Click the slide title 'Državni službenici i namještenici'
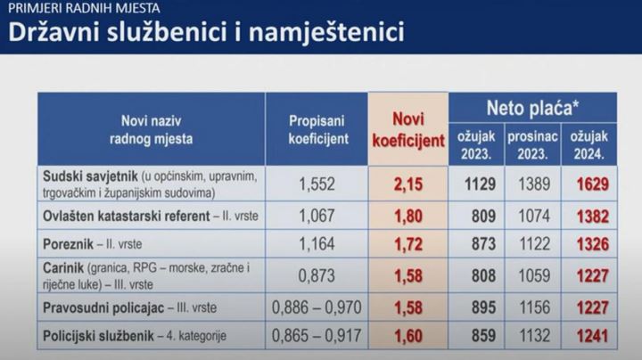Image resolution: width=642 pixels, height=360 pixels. point(206,32)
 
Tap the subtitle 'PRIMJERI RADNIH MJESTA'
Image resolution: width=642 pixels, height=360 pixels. point(84,8)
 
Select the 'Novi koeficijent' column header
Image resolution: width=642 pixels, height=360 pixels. point(408,130)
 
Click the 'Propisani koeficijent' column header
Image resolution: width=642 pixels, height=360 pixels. point(318,130)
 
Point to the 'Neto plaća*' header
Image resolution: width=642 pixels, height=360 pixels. point(532,108)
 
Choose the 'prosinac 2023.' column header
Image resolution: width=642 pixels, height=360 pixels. point(532,145)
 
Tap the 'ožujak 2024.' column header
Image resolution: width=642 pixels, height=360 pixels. point(588,145)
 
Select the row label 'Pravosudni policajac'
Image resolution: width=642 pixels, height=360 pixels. point(103,307)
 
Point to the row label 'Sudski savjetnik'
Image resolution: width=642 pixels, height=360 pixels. point(90,176)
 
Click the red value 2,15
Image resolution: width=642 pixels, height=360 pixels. point(408,184)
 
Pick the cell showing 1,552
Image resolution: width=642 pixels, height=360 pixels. point(317,184)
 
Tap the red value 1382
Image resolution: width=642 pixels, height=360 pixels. point(592,217)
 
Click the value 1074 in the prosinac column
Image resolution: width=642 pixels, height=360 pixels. point(534,216)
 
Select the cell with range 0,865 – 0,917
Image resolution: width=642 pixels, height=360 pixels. point(317,336)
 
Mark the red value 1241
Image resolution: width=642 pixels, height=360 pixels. point(592,336)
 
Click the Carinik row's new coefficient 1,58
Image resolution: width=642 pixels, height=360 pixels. point(408,276)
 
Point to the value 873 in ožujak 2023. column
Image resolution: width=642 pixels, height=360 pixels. point(483,244)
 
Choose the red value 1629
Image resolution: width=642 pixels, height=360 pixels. point(592,184)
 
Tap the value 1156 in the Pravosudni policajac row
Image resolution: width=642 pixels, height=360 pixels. point(534,307)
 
